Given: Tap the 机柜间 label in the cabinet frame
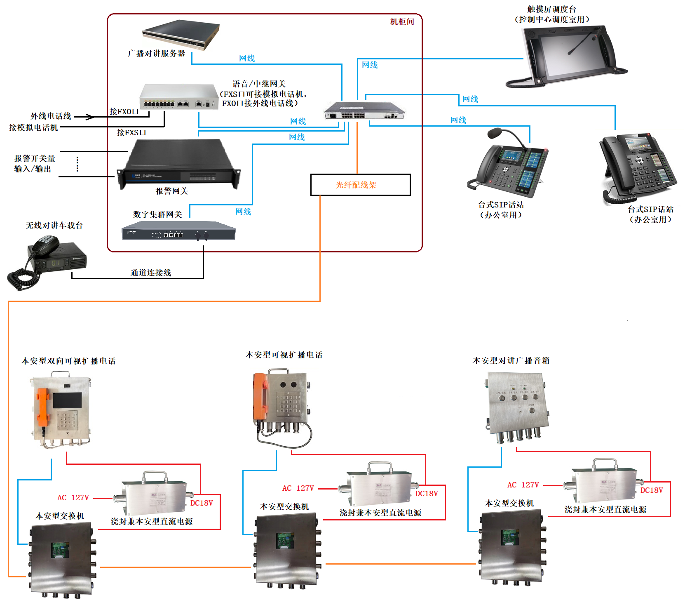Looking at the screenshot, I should pyautogui.click(x=402, y=22).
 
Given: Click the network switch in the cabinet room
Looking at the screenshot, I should pyautogui.click(x=364, y=111).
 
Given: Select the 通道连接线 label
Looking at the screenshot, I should pyautogui.click(x=151, y=273).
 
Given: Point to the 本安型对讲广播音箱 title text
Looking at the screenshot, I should pyautogui.click(x=511, y=360).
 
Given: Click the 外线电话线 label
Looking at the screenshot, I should pyautogui.click(x=51, y=116).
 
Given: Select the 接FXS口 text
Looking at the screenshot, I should pyautogui.click(x=131, y=132).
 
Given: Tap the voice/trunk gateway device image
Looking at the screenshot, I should pyautogui.click(x=178, y=97).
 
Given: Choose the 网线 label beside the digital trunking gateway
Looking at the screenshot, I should pyautogui.click(x=243, y=212).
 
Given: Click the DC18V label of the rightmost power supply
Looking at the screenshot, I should pyautogui.click(x=652, y=490).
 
